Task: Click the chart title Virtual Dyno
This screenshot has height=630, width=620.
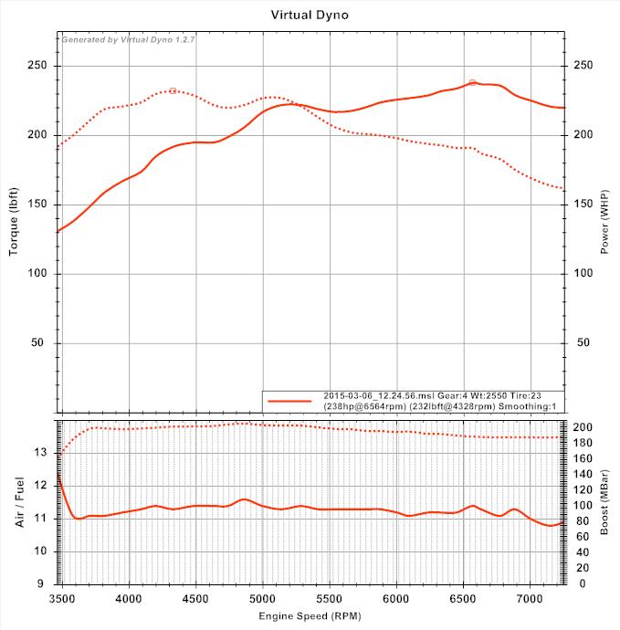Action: (x=310, y=15)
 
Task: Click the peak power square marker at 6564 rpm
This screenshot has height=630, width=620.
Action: (x=473, y=82)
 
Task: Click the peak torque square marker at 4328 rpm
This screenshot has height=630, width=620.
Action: (x=173, y=90)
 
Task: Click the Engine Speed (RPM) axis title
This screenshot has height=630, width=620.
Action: (x=310, y=618)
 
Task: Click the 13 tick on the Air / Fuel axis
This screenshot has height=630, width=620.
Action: (x=40, y=452)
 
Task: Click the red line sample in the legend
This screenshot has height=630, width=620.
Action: (x=290, y=400)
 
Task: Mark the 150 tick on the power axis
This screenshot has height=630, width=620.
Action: (x=582, y=205)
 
